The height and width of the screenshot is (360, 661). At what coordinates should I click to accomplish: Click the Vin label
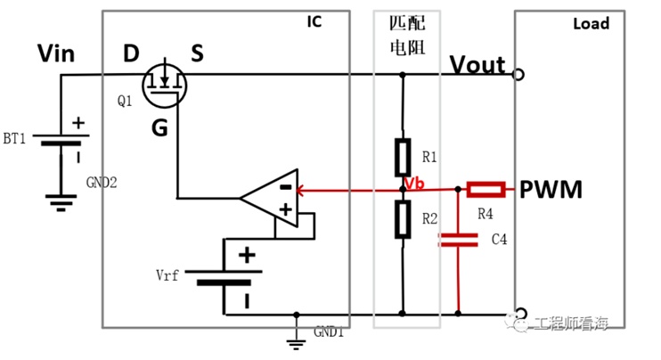56,53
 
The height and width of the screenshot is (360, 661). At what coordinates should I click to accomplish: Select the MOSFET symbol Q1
164,85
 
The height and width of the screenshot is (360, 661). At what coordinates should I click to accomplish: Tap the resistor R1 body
403,157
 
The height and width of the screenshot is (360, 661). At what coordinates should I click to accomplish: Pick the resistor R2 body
403,219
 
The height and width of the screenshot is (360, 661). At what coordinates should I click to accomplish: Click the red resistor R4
486,190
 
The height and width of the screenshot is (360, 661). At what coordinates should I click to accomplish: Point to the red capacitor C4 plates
458,240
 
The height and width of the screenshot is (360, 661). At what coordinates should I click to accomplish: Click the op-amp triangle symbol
269,198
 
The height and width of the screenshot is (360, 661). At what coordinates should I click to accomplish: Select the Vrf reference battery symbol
224,277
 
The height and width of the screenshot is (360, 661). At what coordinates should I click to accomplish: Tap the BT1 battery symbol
61,140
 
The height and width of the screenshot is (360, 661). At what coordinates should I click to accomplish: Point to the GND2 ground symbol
61,202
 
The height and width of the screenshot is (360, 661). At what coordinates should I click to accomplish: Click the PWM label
551,189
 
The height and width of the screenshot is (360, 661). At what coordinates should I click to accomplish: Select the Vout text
477,65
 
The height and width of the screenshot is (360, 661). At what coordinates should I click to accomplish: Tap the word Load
591,23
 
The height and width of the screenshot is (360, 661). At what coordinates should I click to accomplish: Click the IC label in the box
314,21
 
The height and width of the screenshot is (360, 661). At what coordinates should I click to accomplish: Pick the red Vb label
414,184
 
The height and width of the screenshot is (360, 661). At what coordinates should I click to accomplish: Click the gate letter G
159,127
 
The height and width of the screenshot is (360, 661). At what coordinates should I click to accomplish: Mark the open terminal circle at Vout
518,75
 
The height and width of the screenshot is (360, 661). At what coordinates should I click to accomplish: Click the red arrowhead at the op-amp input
300,191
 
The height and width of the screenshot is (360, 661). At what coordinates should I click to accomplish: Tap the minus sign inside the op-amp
286,187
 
